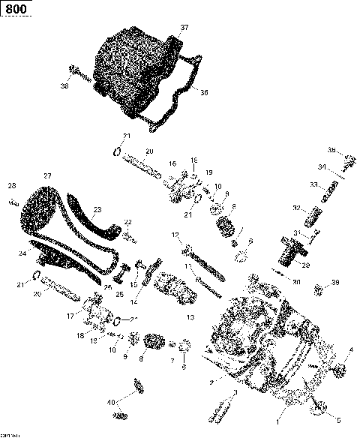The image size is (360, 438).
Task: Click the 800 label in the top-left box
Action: click(x=16, y=10)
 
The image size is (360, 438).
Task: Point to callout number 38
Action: click(x=64, y=86)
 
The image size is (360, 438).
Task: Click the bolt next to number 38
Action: click(x=78, y=74)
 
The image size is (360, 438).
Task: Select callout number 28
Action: click(x=11, y=185)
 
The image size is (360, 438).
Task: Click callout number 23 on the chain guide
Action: click(x=97, y=210)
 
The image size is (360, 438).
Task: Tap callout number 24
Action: click(x=22, y=253)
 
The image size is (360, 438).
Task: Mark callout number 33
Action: click(x=313, y=184)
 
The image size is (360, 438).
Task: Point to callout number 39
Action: click(x=335, y=282)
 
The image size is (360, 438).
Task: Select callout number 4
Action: click(x=349, y=349)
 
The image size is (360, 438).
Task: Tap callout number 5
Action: click(x=337, y=420)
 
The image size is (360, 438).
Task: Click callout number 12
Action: click(x=175, y=235)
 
